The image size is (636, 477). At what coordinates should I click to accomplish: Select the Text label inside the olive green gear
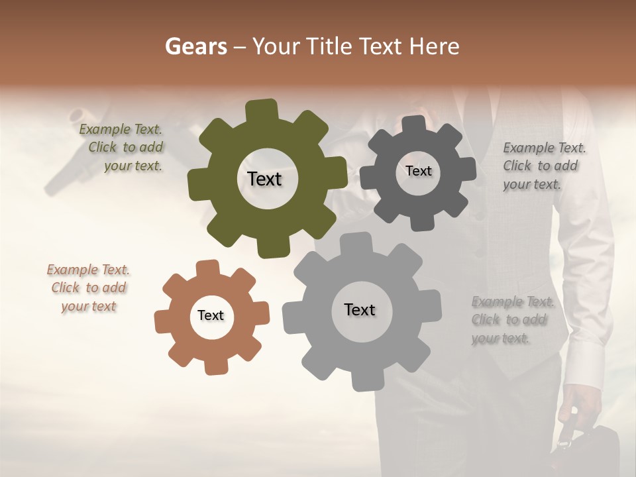point(264,179)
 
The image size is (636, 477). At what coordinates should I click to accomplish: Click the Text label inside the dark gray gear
point(418,171)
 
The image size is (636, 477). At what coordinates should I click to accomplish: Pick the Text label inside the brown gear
point(211,315)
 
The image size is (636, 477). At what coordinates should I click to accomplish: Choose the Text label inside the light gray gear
point(359,309)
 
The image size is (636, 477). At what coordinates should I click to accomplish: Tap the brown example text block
point(88,288)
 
